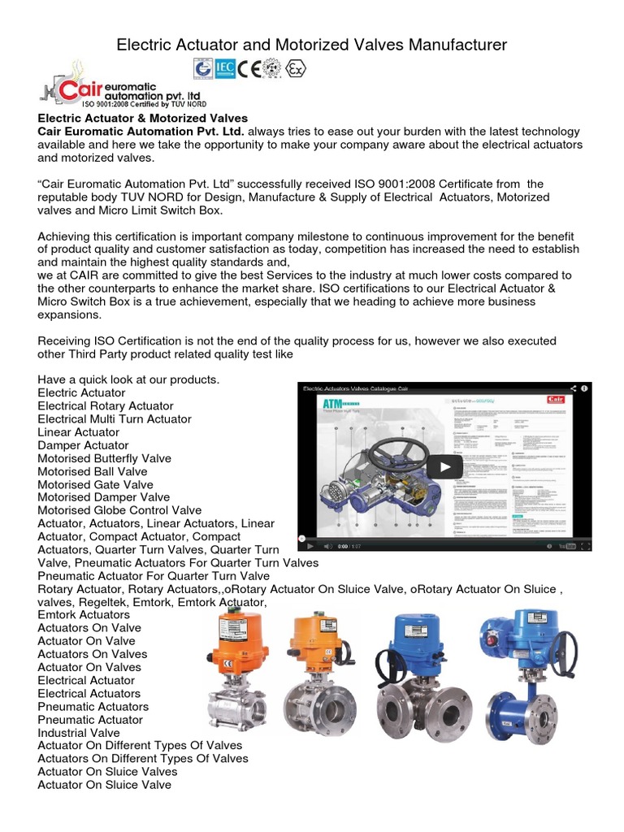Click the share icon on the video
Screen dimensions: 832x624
[x=574, y=389]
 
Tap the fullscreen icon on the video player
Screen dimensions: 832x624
[x=582, y=546]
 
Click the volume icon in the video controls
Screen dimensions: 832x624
[x=327, y=546]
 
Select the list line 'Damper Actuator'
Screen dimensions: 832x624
[x=83, y=445]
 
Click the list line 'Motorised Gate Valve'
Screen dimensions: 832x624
[x=95, y=484]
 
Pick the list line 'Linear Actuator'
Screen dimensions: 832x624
[x=78, y=432]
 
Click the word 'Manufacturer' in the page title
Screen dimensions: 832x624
[x=454, y=45]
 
